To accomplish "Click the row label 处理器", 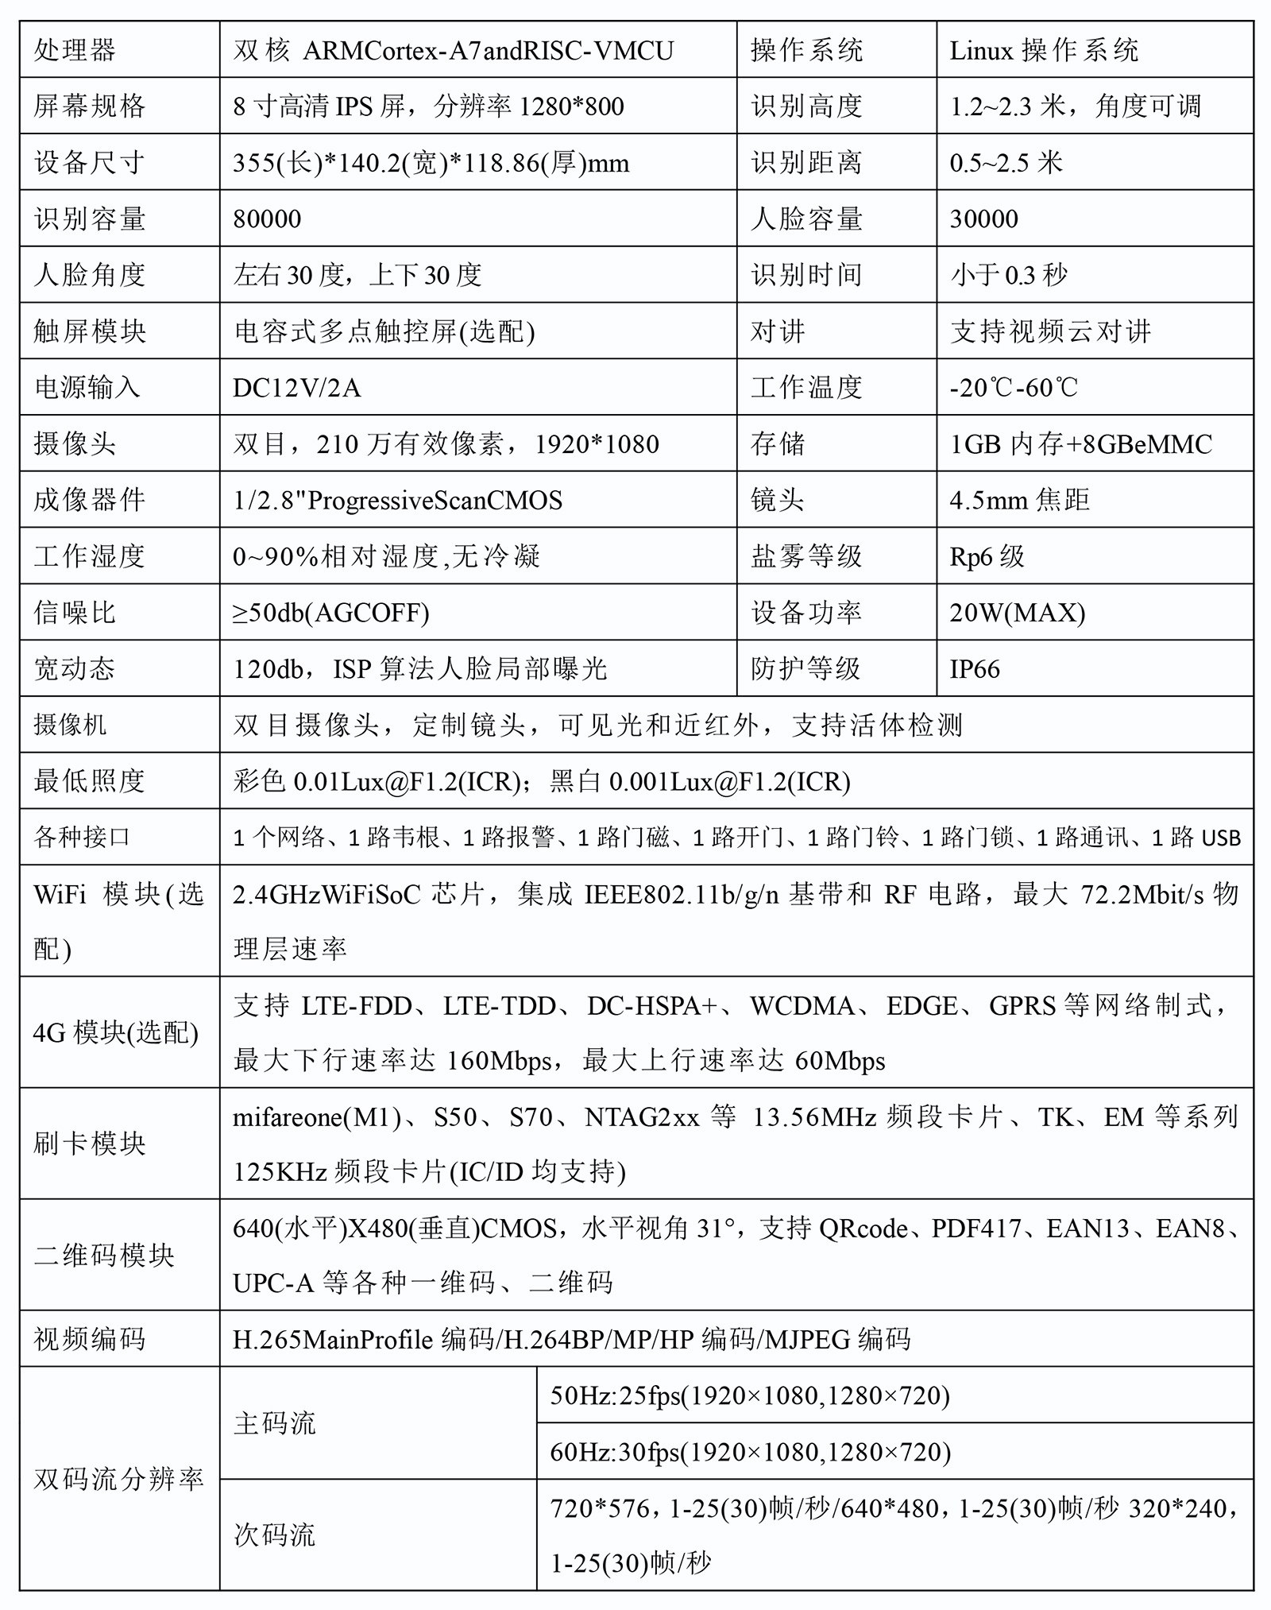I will pyautogui.click(x=75, y=50).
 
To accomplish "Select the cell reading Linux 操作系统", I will pyautogui.click(x=1044, y=50).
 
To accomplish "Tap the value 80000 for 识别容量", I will pyautogui.click(x=267, y=219).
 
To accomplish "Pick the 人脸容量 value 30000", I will pyautogui.click(x=983, y=219).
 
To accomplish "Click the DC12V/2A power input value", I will pyautogui.click(x=296, y=388).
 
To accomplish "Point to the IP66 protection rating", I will pyautogui.click(x=975, y=669).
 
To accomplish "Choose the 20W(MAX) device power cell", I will pyautogui.click(x=1017, y=613).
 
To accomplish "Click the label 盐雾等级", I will pyautogui.click(x=806, y=556).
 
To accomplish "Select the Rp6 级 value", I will pyautogui.click(x=987, y=556).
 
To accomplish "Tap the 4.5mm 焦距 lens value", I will pyautogui.click(x=1019, y=500).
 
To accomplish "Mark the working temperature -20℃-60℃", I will pyautogui.click(x=1014, y=388).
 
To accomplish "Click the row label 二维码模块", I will pyautogui.click(x=104, y=1255).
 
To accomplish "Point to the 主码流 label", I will pyautogui.click(x=275, y=1422).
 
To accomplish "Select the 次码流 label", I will pyautogui.click(x=275, y=1535).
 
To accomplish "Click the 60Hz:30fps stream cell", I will pyautogui.click(x=750, y=1452).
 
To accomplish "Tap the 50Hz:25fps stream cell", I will pyautogui.click(x=750, y=1395).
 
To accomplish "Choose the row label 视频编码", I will pyautogui.click(x=90, y=1339).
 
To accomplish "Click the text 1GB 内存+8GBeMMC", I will pyautogui.click(x=1080, y=443).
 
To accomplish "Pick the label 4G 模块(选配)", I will pyautogui.click(x=116, y=1032).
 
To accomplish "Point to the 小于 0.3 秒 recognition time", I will pyautogui.click(x=1009, y=275).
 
